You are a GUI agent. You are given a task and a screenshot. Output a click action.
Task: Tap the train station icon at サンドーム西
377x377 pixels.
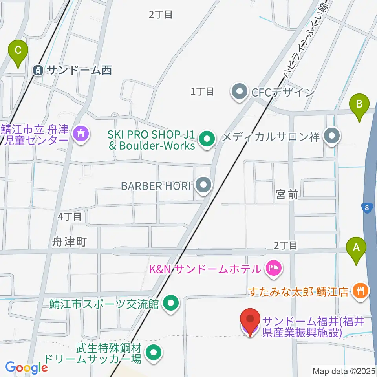click(38, 70)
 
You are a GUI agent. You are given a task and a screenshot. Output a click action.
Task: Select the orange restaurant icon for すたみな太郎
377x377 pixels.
click(360, 291)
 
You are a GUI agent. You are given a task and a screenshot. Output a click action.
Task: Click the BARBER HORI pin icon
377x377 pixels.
click(203, 185)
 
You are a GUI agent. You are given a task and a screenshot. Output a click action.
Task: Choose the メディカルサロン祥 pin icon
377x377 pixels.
click(332, 137)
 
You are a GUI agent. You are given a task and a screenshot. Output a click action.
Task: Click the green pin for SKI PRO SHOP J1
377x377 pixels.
click(206, 138)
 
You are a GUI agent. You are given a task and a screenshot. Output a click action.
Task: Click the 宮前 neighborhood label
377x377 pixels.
click(287, 194)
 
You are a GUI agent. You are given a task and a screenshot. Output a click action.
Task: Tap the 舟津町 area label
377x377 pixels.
click(69, 242)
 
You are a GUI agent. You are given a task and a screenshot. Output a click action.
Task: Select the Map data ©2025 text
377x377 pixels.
click(344, 370)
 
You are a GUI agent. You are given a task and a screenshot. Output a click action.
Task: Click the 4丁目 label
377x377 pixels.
click(69, 216)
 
